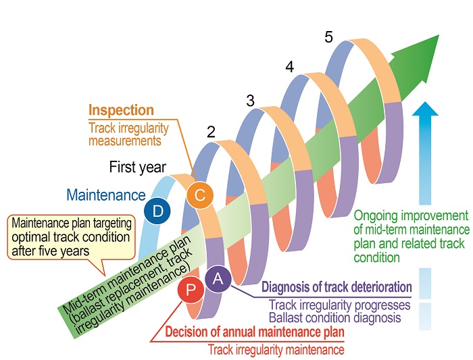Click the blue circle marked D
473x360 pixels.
[157, 211]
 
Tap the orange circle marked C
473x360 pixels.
[199, 195]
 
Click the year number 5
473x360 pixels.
[328, 38]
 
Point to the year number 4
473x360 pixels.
[289, 68]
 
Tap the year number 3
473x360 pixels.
[250, 101]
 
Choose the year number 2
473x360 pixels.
[211, 133]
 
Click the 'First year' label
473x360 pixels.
[139, 167]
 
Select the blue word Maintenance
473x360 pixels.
[107, 196]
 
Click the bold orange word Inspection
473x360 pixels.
[122, 110]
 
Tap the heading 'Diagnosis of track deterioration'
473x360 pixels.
[336, 286]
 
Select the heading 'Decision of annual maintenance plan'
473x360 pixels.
[255, 332]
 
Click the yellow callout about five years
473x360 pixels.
[71, 236]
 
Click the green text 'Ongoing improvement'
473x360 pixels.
[412, 215]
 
